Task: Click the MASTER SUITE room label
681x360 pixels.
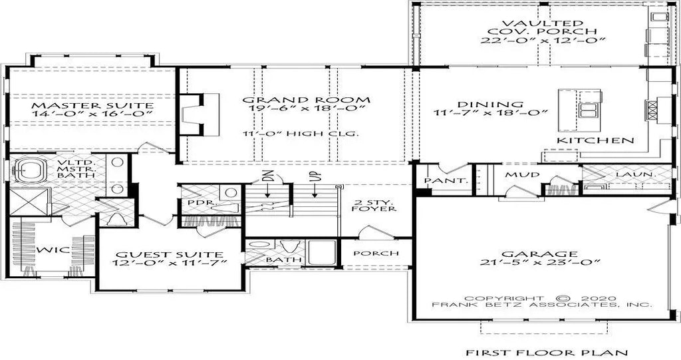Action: (93, 105)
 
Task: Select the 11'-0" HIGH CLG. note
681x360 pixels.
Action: (302, 133)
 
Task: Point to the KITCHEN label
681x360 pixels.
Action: (595, 140)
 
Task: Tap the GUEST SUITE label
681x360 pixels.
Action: (170, 255)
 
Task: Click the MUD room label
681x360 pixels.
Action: (520, 175)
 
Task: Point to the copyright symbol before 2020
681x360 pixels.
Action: (563, 298)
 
